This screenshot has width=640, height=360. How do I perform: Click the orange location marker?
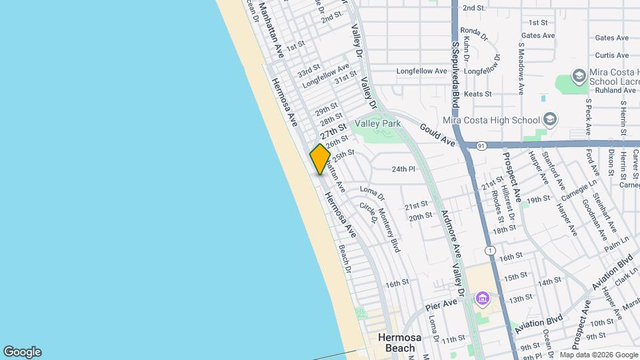(x=320, y=159)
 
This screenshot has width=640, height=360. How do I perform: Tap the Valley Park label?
(x=377, y=123)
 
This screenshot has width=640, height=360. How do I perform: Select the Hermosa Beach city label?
(x=399, y=342)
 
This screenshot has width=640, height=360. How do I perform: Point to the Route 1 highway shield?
(x=491, y=250)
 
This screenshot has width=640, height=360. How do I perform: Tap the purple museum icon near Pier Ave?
(x=482, y=299)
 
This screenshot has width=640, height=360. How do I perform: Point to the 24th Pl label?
(x=403, y=169)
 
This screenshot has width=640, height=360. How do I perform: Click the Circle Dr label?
(x=368, y=213)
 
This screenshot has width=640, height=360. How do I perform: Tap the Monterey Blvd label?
(x=389, y=230)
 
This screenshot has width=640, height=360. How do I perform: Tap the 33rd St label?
(x=309, y=71)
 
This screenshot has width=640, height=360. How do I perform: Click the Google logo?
(x=22, y=352)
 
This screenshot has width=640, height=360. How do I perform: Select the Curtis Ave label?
(x=612, y=55)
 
